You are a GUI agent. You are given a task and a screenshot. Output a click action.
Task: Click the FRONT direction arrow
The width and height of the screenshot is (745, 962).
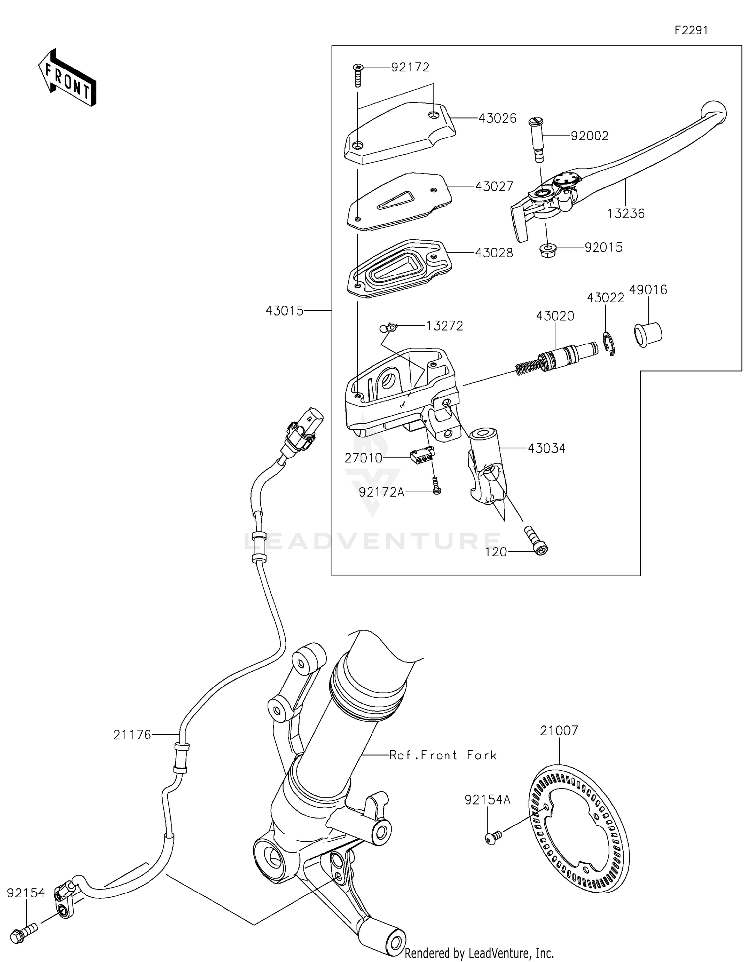point(67,78)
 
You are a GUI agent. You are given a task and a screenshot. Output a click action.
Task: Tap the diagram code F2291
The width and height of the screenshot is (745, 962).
point(691,30)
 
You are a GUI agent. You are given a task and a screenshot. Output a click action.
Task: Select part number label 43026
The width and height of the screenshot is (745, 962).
point(497,118)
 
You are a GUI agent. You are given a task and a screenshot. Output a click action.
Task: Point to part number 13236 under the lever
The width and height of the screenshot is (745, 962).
point(625,214)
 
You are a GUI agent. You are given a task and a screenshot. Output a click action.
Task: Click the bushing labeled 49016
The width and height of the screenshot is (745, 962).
point(648,335)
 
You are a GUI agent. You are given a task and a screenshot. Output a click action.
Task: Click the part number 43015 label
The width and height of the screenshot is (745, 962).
point(284,311)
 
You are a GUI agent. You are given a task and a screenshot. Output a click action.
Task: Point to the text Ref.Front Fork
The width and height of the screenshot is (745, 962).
point(443,756)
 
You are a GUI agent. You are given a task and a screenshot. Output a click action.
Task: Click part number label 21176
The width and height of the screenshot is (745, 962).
point(132,735)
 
